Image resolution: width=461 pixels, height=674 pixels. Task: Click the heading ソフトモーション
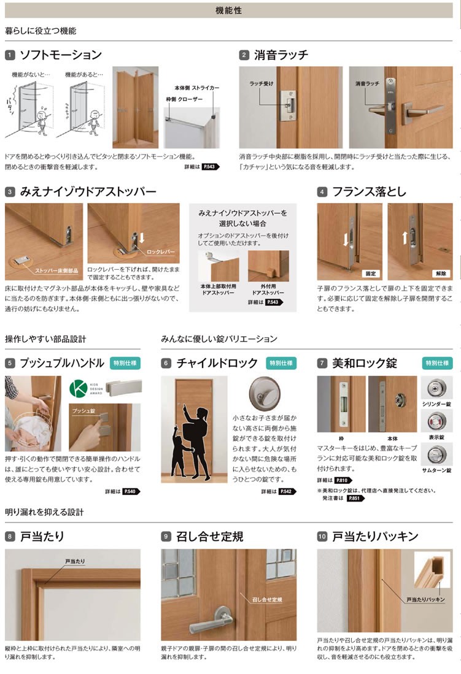[x=61, y=55]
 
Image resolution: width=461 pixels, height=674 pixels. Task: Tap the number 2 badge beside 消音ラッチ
[x=244, y=55]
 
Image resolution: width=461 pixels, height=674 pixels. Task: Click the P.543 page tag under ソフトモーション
[x=211, y=166]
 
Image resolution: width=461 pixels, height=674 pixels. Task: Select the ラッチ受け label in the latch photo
[x=261, y=84]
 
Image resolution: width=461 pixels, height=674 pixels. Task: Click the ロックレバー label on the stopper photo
[x=161, y=252]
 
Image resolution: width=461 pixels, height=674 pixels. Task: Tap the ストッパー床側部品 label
[x=56, y=270]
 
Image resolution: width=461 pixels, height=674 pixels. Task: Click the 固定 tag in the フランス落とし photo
[x=370, y=274]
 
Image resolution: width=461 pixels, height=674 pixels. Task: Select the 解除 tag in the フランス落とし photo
[x=441, y=274]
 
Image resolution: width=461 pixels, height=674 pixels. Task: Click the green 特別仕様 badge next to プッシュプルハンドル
[x=125, y=363]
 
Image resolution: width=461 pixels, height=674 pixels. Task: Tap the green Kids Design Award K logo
[x=78, y=388]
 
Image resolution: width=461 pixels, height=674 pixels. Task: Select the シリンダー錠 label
[x=436, y=404]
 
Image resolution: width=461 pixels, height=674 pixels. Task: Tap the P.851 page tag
[x=354, y=498]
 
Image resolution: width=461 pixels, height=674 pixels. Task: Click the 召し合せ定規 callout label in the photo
[x=267, y=599]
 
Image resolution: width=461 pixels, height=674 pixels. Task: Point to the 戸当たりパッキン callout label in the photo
[x=425, y=599]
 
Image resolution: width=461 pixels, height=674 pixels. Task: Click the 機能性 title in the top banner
[x=228, y=10]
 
